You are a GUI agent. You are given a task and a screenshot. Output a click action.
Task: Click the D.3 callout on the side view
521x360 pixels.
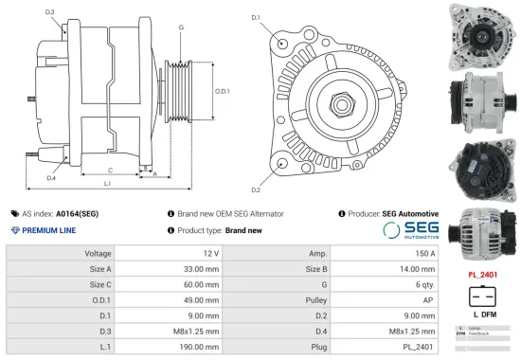click(x=49, y=12)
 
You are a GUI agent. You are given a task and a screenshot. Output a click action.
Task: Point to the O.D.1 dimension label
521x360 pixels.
click(x=222, y=91)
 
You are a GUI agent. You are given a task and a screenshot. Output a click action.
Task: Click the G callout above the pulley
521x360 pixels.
click(x=180, y=27)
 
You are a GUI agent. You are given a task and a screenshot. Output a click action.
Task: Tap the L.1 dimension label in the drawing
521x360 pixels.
click(x=108, y=182)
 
